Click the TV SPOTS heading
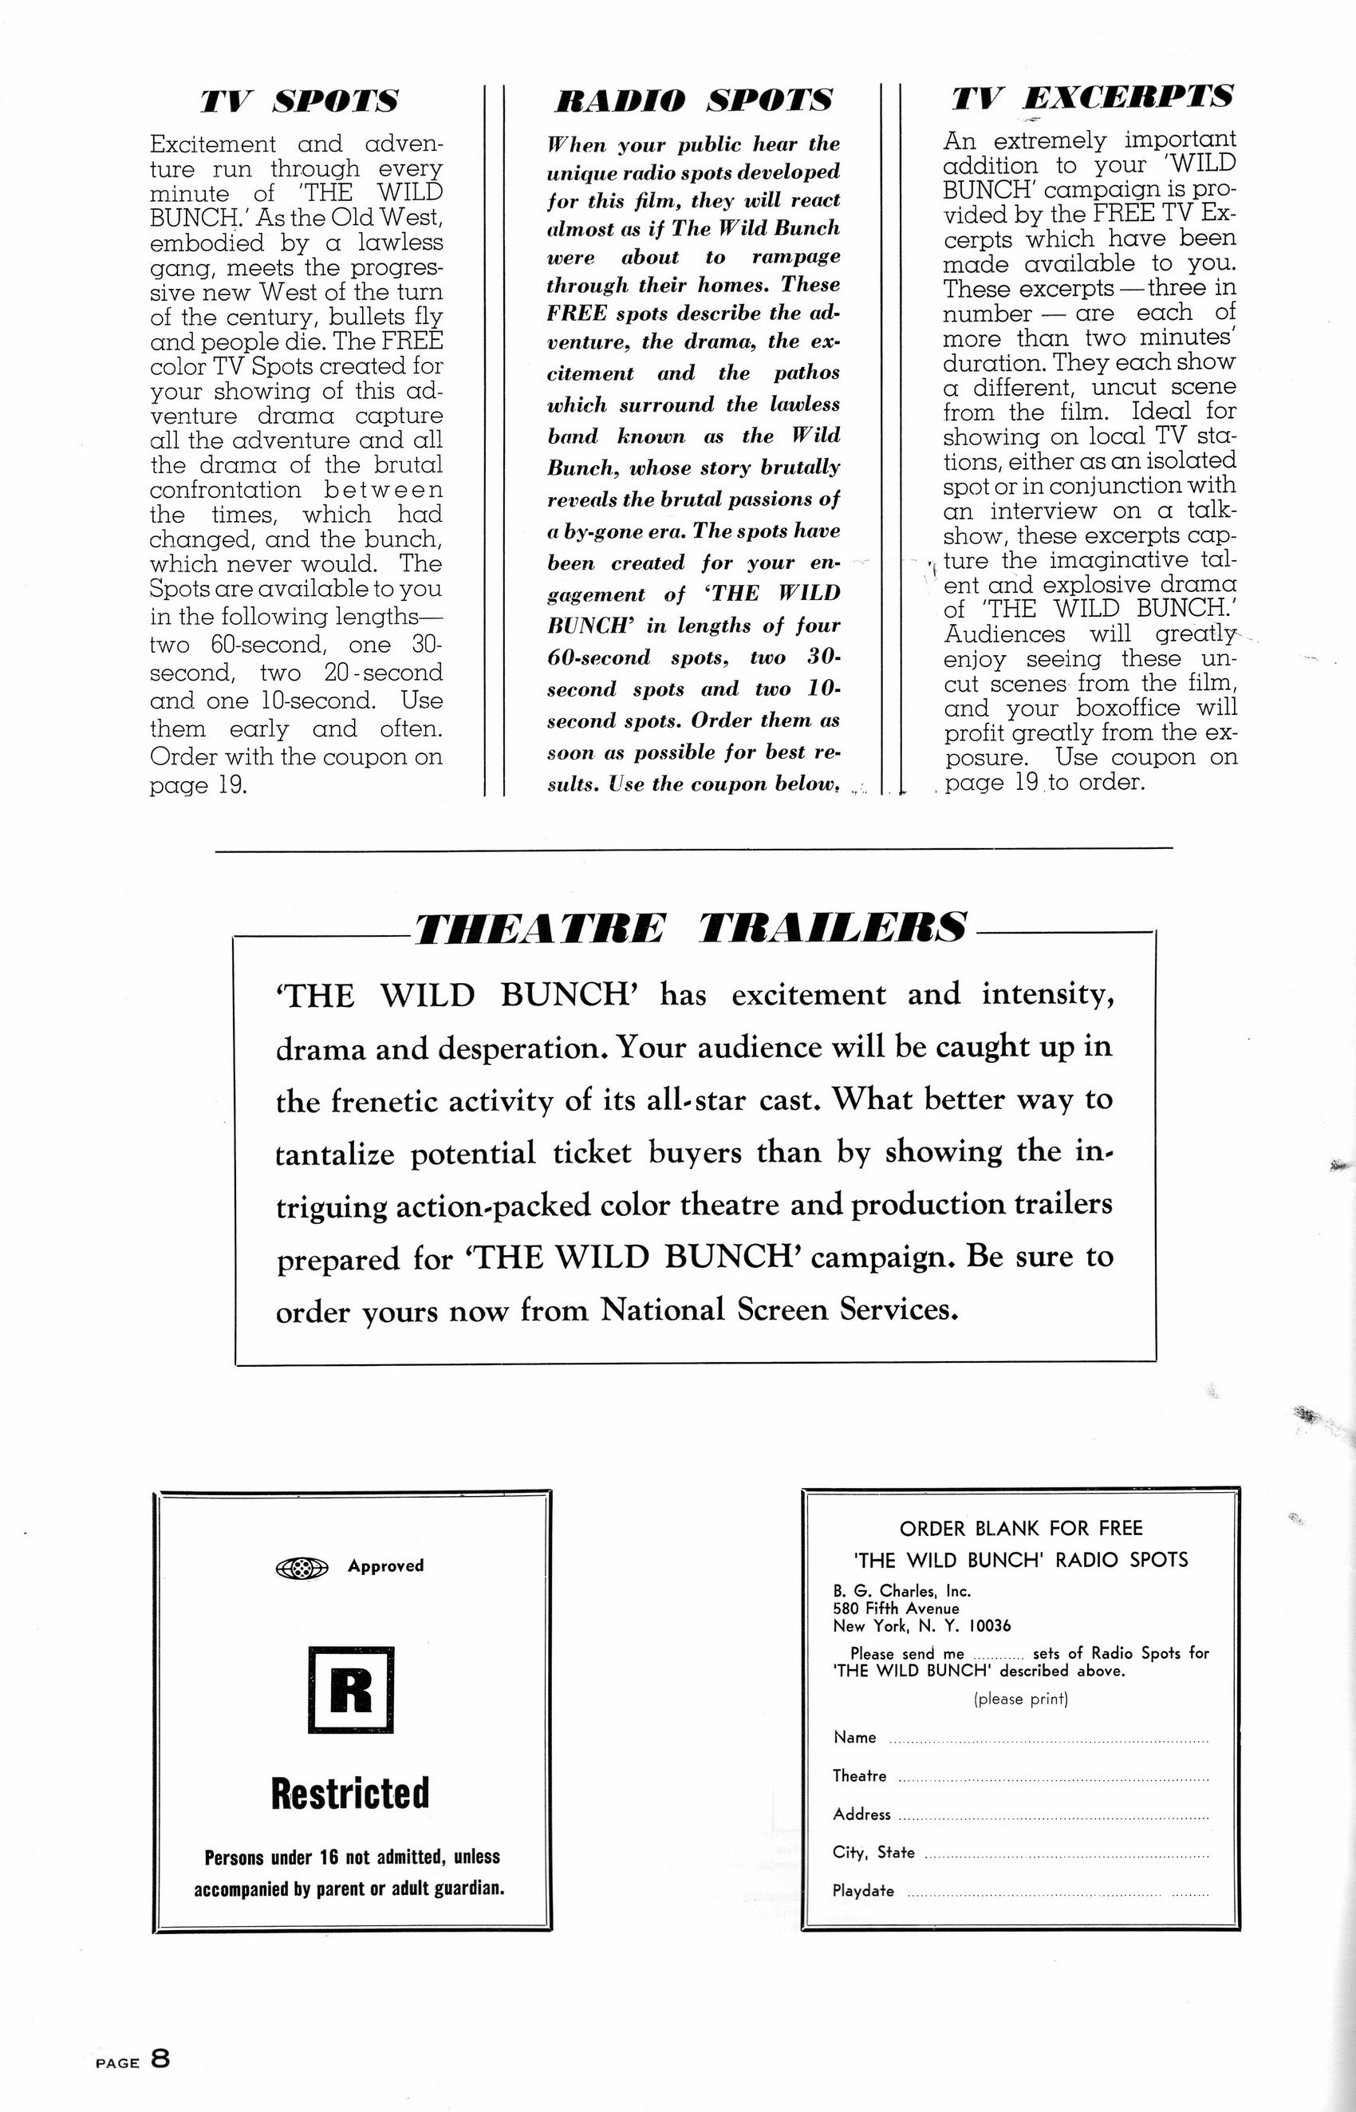point(298,101)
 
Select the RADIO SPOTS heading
point(693,101)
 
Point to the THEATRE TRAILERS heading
point(689,928)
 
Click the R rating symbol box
point(350,1689)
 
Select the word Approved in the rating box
point(386,1566)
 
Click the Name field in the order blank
point(1048,1740)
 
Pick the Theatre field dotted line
point(1052,1778)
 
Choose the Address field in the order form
point(1052,1817)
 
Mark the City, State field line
point(1066,1855)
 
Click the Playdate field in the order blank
point(1057,1893)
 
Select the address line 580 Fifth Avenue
point(896,1609)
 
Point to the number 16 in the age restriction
point(329,1857)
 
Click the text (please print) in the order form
point(1020,1699)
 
